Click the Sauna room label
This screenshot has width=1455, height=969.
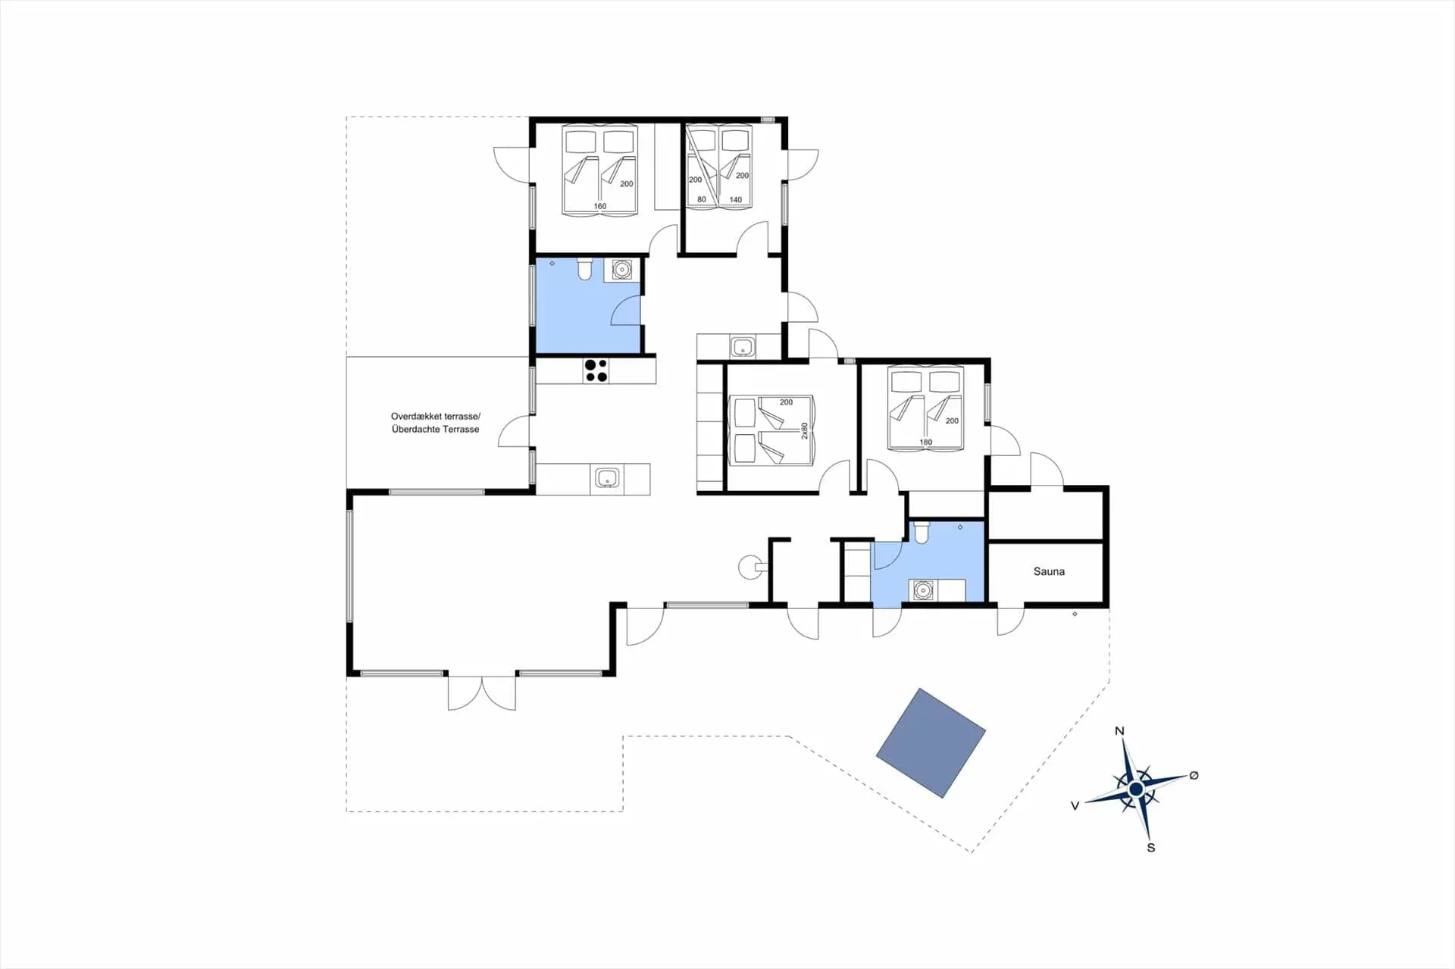click(x=1049, y=571)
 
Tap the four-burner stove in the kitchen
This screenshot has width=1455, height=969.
click(x=596, y=370)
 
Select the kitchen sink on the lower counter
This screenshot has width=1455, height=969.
click(x=607, y=479)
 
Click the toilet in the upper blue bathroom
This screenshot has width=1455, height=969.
click(x=584, y=269)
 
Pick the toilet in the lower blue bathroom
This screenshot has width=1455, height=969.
click(x=921, y=533)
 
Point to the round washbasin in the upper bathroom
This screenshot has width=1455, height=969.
click(x=622, y=269)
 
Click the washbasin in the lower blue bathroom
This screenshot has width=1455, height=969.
click(x=922, y=590)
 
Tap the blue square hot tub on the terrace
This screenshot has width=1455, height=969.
click(x=931, y=743)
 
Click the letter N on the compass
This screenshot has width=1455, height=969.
click(x=1119, y=731)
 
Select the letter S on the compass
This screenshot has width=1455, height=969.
click(x=1151, y=848)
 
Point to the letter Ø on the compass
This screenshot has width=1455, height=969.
click(x=1194, y=775)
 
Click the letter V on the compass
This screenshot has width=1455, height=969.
click(x=1075, y=806)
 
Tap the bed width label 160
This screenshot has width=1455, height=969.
click(x=600, y=206)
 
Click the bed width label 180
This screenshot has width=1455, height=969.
click(x=925, y=442)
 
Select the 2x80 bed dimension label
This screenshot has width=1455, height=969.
click(x=805, y=430)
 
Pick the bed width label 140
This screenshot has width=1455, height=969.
click(x=735, y=200)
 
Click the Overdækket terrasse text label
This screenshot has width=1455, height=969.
click(x=436, y=416)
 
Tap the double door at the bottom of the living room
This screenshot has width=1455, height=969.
click(x=482, y=692)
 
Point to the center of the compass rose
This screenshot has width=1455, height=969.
click(x=1135, y=789)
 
